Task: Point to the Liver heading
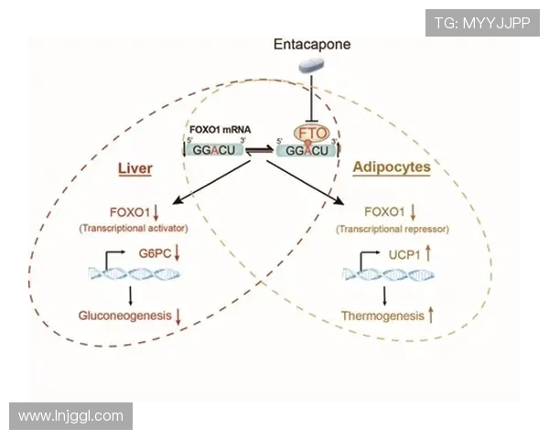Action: point(135,169)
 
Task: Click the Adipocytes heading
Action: point(391,168)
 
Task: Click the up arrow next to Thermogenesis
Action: point(431,315)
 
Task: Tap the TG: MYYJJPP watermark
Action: point(482,22)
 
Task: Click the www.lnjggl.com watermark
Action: point(70,416)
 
